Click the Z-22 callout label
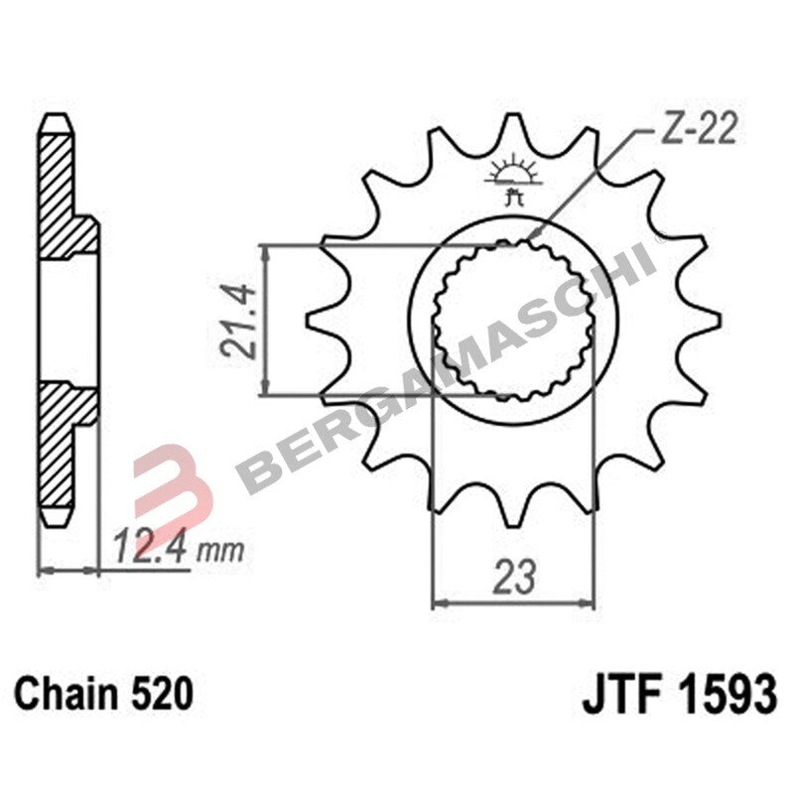coord(699,133)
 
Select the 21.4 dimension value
coord(239,320)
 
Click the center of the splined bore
coord(513,320)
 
